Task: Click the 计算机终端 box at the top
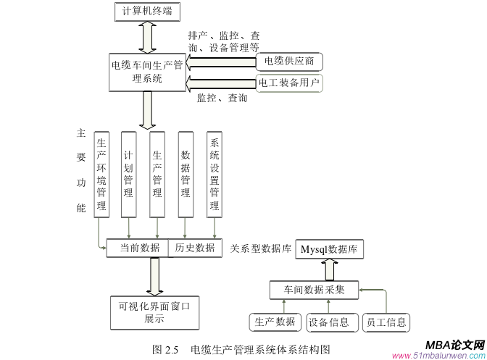coord(148,11)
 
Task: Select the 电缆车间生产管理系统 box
coord(147,72)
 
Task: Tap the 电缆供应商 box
coord(289,61)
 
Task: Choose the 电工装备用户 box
coord(289,83)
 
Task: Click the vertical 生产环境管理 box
coord(102,175)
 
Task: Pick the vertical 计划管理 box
coord(128,175)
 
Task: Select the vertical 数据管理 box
coord(186,175)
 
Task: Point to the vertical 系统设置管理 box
coord(215,175)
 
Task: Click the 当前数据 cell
coord(138,248)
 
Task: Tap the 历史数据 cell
coord(195,248)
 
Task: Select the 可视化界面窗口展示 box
coord(154,312)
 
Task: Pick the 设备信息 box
coord(328,322)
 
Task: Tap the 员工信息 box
coord(385,322)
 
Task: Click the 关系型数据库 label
coord(260,248)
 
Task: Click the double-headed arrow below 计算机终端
coord(148,37)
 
